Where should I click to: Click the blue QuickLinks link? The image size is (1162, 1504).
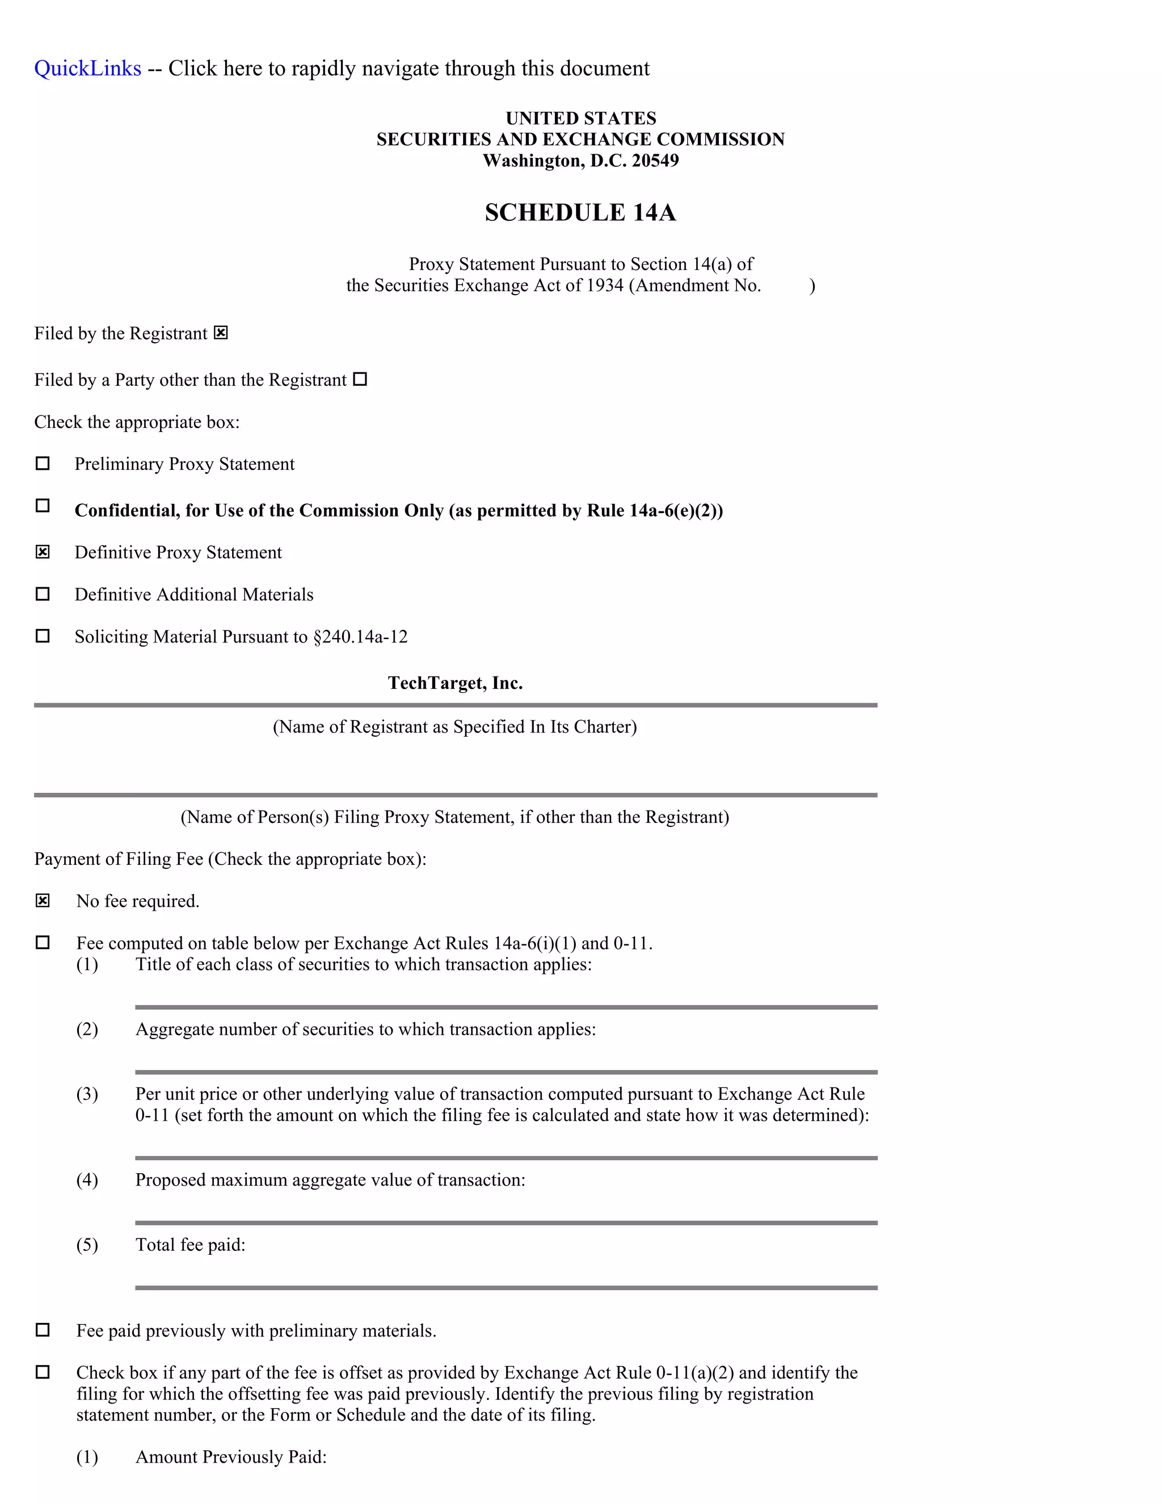tap(87, 68)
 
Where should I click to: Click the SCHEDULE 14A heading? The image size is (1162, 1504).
tap(580, 212)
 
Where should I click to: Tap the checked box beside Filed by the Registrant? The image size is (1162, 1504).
tap(220, 333)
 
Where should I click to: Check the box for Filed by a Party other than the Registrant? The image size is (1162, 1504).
tap(360, 379)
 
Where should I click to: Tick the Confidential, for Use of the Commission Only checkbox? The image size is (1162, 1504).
tap(43, 506)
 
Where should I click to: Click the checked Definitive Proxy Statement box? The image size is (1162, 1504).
tap(43, 552)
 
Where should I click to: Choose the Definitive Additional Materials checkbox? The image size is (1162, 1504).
tap(43, 594)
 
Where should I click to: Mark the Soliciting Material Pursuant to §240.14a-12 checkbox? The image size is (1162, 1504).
tap(43, 636)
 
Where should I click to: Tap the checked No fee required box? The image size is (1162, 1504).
tap(43, 900)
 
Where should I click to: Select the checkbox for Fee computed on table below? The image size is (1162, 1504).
tap(43, 942)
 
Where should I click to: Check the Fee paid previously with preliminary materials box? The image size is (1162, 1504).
tap(43, 1330)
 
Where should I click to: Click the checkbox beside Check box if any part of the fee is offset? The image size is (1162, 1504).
tap(43, 1372)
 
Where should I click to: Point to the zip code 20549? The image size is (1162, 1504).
tap(655, 161)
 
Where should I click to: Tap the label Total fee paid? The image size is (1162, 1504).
tap(190, 1245)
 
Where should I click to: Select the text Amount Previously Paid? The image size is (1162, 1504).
tap(230, 1456)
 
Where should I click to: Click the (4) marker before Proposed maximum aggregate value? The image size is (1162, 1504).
tap(87, 1180)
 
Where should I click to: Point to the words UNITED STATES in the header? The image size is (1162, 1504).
tap(580, 119)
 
